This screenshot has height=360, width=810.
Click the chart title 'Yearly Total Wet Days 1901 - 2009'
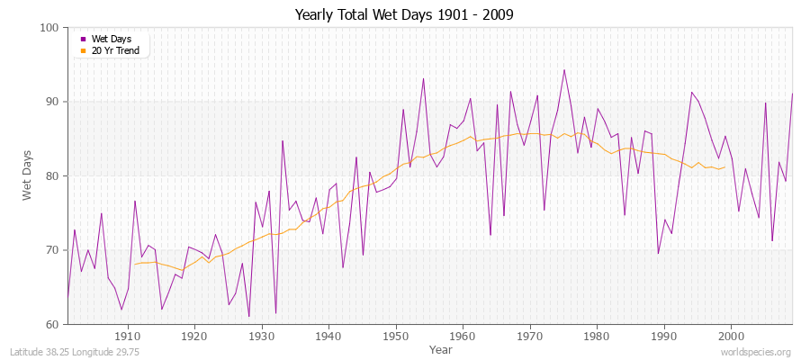pyautogui.click(x=404, y=15)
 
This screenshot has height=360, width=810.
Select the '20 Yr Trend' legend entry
pyautogui.click(x=114, y=50)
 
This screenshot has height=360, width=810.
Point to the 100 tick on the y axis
pyautogui.click(x=49, y=28)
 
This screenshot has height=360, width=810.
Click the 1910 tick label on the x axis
pyautogui.click(x=127, y=337)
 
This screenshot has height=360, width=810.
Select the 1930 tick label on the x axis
pyautogui.click(x=261, y=337)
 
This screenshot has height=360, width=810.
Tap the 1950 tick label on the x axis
pyautogui.click(x=395, y=337)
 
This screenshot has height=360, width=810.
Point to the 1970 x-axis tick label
pyautogui.click(x=529, y=337)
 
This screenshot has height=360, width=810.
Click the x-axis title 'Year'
pyautogui.click(x=440, y=348)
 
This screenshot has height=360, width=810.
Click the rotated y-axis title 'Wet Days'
pyautogui.click(x=28, y=176)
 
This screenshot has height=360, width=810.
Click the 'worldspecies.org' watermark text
pyautogui.click(x=758, y=352)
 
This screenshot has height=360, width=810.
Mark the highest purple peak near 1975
pyautogui.click(x=563, y=69)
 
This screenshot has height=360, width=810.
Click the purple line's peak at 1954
pyautogui.click(x=423, y=78)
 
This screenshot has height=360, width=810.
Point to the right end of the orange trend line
pyautogui.click(x=724, y=167)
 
